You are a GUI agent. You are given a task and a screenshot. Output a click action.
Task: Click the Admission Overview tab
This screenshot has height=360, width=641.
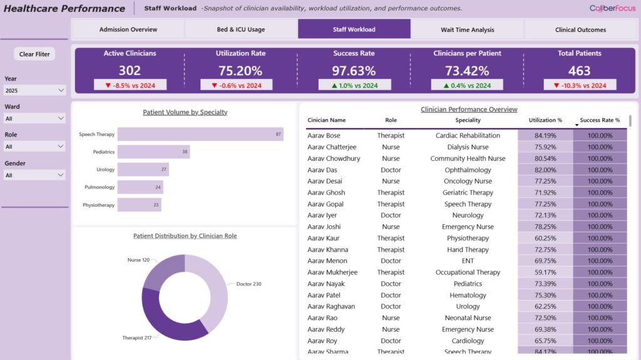tap(128, 29)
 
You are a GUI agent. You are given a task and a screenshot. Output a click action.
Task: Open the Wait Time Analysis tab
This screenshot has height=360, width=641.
tap(467, 29)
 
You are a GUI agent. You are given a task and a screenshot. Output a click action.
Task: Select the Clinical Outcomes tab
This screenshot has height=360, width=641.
tap(580, 29)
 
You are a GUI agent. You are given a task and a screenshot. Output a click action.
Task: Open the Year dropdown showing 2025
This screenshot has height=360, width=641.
tap(35, 91)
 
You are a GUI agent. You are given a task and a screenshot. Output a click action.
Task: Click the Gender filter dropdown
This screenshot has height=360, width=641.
tap(35, 175)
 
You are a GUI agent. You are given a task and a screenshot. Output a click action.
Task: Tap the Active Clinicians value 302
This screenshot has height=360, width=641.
tap(130, 71)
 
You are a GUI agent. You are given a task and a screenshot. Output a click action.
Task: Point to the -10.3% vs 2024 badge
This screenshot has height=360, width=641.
tap(580, 85)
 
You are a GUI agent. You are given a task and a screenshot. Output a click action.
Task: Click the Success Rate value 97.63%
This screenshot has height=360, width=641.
tap(354, 71)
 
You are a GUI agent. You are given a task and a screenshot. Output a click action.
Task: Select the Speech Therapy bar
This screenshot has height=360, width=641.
tap(200, 134)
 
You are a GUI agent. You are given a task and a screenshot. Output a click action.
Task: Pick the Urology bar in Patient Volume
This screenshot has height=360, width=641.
tap(143, 169)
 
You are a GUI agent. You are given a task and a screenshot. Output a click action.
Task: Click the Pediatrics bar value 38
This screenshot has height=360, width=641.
tap(185, 152)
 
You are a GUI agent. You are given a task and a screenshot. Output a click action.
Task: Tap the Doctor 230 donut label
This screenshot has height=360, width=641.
tap(249, 284)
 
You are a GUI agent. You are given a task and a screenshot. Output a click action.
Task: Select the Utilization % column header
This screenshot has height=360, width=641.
tap(545, 120)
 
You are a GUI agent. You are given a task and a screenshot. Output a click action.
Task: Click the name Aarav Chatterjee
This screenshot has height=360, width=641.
tap(332, 147)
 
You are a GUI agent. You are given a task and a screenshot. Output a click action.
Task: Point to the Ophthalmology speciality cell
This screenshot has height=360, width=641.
tap(468, 170)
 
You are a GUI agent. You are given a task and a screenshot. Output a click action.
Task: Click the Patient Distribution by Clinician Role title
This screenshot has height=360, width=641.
tap(185, 236)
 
